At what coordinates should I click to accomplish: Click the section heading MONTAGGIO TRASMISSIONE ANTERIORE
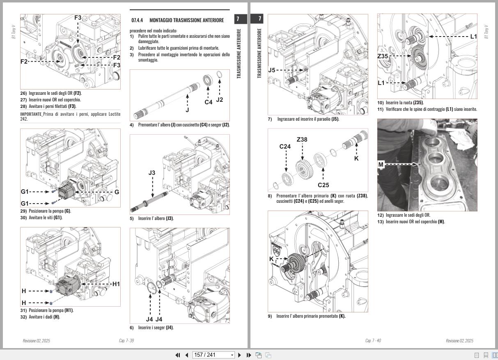click(186, 20)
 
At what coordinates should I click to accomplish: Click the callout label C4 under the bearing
click(209, 102)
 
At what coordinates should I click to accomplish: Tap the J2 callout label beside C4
click(220, 100)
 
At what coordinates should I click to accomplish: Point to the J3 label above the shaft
click(152, 173)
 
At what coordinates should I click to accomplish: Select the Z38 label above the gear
click(302, 140)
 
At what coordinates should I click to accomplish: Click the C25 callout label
click(323, 185)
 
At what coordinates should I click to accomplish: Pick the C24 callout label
click(285, 147)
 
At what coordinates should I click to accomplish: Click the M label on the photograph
click(381, 165)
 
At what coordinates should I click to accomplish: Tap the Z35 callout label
click(383, 56)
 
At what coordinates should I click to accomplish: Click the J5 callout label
click(271, 70)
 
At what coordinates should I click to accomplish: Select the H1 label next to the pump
click(116, 284)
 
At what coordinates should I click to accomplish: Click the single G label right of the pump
click(117, 192)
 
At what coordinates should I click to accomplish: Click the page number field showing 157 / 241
click(213, 355)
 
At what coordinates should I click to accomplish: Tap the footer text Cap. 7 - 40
click(373, 341)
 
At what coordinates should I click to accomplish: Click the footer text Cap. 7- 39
click(126, 341)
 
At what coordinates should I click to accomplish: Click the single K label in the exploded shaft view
click(356, 158)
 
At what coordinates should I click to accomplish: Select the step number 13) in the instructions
click(380, 222)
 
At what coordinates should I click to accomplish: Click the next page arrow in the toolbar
click(240, 355)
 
